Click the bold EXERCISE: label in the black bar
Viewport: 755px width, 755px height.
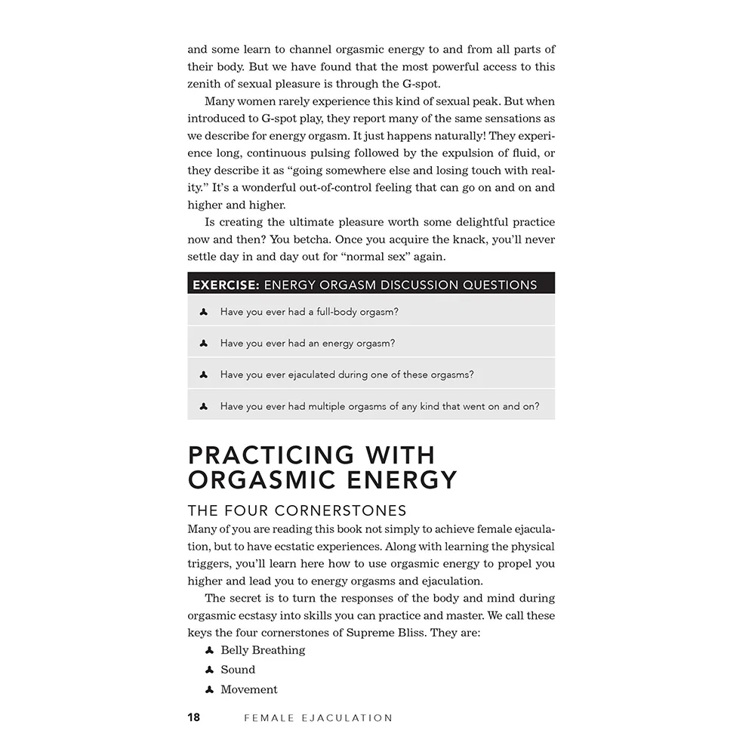(226, 285)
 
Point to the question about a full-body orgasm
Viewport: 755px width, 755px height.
(310, 312)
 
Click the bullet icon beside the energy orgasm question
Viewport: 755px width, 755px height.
(204, 344)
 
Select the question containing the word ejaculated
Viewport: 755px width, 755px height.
(347, 374)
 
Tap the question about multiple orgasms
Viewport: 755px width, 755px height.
(380, 406)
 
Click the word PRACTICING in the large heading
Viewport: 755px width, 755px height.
(271, 455)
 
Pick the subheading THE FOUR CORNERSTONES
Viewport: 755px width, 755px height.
(297, 510)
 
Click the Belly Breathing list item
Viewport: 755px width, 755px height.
(263, 650)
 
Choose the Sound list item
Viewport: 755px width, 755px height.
(238, 670)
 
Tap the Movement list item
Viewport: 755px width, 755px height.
(249, 689)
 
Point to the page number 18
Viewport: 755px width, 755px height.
(194, 717)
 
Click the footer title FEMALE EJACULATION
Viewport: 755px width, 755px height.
(318, 718)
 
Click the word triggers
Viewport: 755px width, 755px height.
(208, 563)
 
